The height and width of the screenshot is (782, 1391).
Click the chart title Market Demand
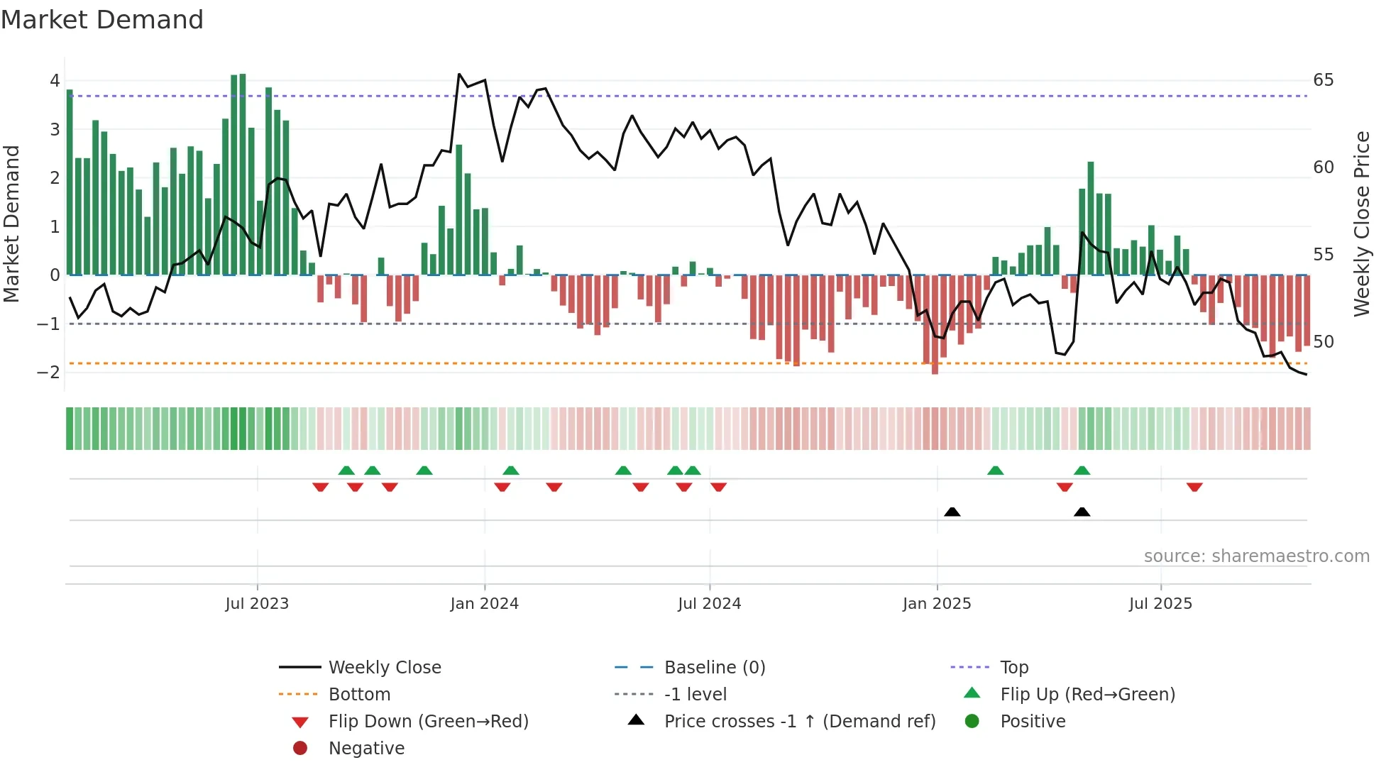click(x=102, y=20)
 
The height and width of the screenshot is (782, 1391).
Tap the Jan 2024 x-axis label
click(x=484, y=604)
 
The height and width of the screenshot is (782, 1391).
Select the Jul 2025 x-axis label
click(x=1160, y=604)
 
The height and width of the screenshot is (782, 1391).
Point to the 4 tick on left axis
click(x=55, y=81)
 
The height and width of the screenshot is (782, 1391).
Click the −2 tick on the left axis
click(x=49, y=373)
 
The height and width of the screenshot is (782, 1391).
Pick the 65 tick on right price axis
click(x=1323, y=80)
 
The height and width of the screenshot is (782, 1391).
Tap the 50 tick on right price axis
click(x=1323, y=342)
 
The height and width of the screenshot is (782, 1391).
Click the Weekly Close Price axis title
click(x=1361, y=224)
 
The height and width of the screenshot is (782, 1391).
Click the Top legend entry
click(x=1013, y=668)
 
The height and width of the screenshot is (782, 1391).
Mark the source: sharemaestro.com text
click(x=1256, y=556)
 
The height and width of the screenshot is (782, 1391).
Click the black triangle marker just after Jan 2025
click(x=952, y=512)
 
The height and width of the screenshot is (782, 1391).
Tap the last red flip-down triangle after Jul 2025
click(x=1194, y=487)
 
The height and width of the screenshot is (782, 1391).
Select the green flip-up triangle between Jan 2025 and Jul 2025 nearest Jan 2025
click(x=996, y=470)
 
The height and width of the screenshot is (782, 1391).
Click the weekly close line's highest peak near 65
click(x=459, y=74)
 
